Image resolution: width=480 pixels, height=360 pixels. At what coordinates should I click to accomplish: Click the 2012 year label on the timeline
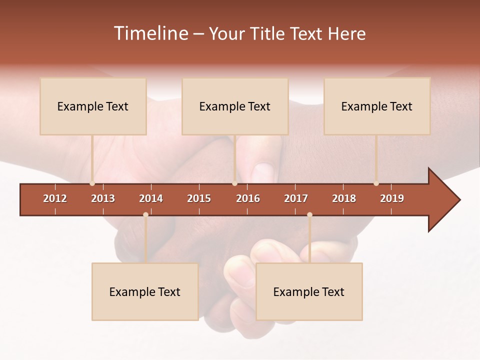[55, 198]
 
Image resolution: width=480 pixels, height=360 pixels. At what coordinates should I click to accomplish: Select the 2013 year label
[103, 198]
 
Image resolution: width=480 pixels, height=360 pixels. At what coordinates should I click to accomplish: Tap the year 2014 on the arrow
[151, 198]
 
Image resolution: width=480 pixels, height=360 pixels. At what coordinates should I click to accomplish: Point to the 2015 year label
[199, 198]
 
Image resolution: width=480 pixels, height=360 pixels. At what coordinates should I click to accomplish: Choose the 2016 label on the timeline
[248, 198]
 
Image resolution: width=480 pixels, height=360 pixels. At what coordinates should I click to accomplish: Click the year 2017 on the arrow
[296, 198]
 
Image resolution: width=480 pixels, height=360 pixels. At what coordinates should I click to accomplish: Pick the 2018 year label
[344, 198]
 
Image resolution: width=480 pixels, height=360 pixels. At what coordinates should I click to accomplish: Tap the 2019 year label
[392, 198]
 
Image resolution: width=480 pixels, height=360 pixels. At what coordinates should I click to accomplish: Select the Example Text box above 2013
[93, 106]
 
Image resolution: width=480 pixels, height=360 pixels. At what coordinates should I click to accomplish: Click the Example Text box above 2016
[235, 106]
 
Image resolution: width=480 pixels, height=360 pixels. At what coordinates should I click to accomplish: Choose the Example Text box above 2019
[377, 106]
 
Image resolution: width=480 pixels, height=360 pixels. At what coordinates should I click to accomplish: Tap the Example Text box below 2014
[145, 292]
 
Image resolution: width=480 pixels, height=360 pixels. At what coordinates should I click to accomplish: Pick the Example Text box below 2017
[309, 292]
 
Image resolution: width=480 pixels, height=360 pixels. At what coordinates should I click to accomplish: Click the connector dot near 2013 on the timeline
[92, 183]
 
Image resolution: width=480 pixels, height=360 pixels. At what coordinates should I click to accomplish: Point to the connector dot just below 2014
[145, 215]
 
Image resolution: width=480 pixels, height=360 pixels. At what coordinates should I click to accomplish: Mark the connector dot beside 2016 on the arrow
[234, 183]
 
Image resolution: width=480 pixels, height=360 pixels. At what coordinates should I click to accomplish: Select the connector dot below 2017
[309, 215]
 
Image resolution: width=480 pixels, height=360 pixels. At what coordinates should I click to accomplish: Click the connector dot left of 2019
[376, 183]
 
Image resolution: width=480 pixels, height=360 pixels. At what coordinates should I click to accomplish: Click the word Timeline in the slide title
[150, 33]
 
